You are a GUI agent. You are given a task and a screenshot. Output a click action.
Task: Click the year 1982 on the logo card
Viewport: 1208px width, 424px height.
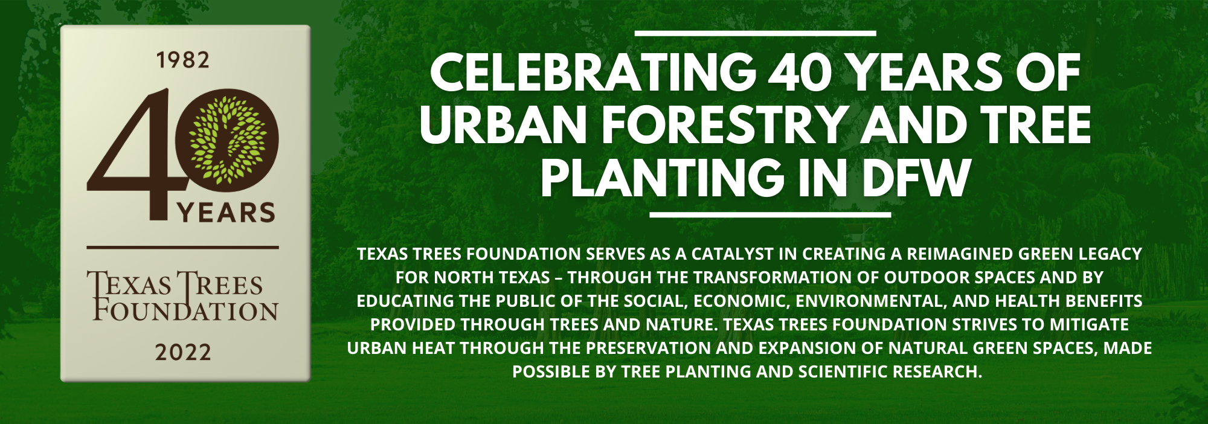183,60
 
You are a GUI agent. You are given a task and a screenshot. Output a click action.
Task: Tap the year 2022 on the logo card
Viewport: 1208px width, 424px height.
183,352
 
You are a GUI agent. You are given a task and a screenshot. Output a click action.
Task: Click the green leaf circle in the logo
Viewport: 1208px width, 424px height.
228,140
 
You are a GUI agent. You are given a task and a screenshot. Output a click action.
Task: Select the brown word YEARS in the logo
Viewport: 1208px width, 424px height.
226,213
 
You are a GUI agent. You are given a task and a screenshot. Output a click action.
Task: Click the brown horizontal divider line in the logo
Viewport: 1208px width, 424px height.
182,247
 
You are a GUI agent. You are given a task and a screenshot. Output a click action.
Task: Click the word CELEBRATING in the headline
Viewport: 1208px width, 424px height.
593,72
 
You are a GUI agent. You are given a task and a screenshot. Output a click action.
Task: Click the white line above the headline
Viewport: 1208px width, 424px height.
755,33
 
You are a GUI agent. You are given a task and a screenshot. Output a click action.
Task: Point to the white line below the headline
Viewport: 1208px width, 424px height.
770,214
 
